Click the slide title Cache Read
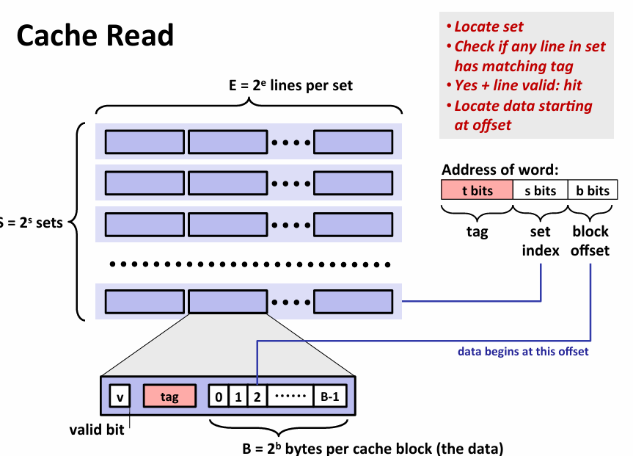click(95, 36)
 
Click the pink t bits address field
click(477, 191)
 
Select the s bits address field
click(540, 191)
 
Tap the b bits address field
click(592, 191)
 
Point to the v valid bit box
click(120, 397)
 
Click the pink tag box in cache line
click(169, 397)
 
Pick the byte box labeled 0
click(219, 397)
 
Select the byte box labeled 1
click(238, 397)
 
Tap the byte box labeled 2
click(257, 397)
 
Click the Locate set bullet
click(488, 26)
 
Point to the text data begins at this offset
click(523, 352)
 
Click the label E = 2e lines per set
click(290, 86)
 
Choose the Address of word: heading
click(500, 170)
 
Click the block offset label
click(590, 241)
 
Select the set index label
click(541, 241)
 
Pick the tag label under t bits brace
click(477, 232)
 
